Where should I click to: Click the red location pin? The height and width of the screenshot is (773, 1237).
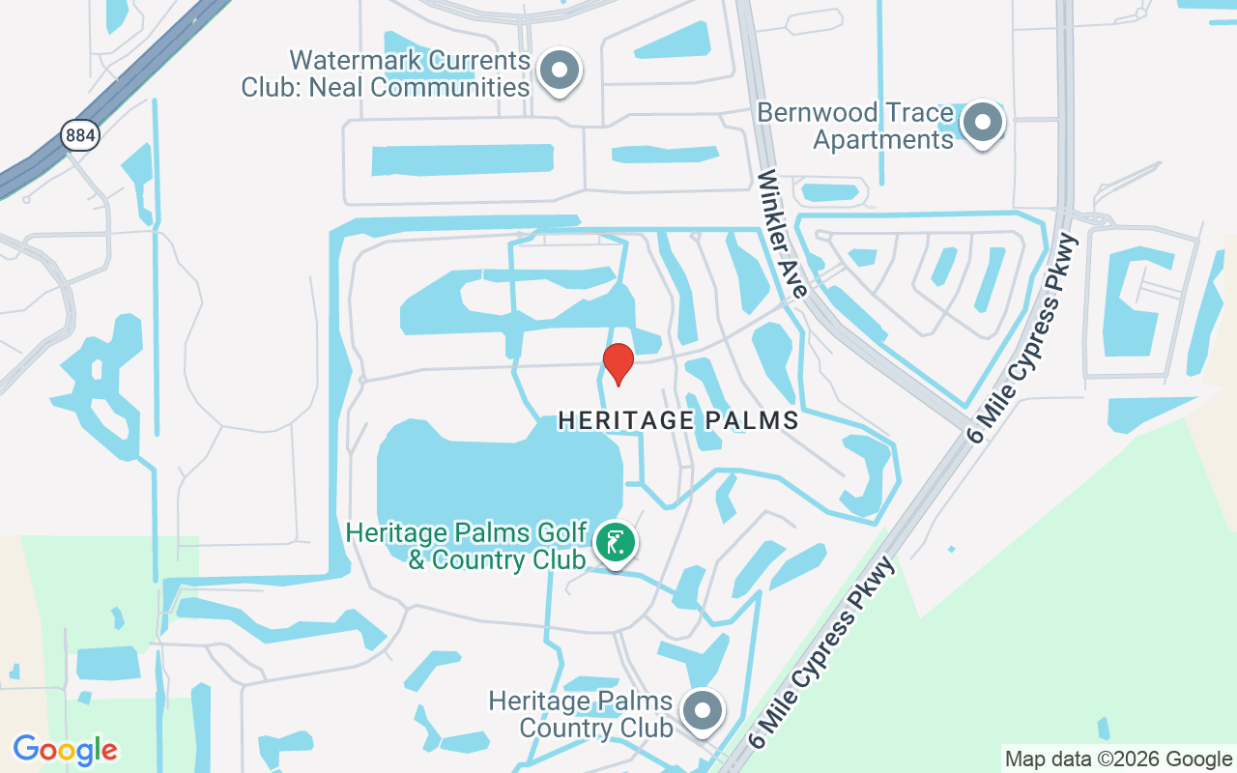point(618,363)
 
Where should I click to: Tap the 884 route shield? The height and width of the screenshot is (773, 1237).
point(79,135)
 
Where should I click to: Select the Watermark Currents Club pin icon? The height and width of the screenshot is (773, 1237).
point(559,71)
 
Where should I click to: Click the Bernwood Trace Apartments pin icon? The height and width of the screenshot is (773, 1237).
point(983,123)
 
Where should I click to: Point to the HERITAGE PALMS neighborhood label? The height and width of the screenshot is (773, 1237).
point(678,420)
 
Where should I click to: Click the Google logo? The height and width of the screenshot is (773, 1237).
point(66,750)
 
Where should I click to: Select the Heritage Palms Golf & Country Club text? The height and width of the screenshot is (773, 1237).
point(467,546)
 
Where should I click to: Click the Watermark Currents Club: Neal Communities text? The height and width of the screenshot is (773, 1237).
point(386,74)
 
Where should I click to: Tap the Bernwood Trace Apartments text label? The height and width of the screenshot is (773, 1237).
point(855,127)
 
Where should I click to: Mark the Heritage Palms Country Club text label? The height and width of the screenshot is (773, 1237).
point(580,714)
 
